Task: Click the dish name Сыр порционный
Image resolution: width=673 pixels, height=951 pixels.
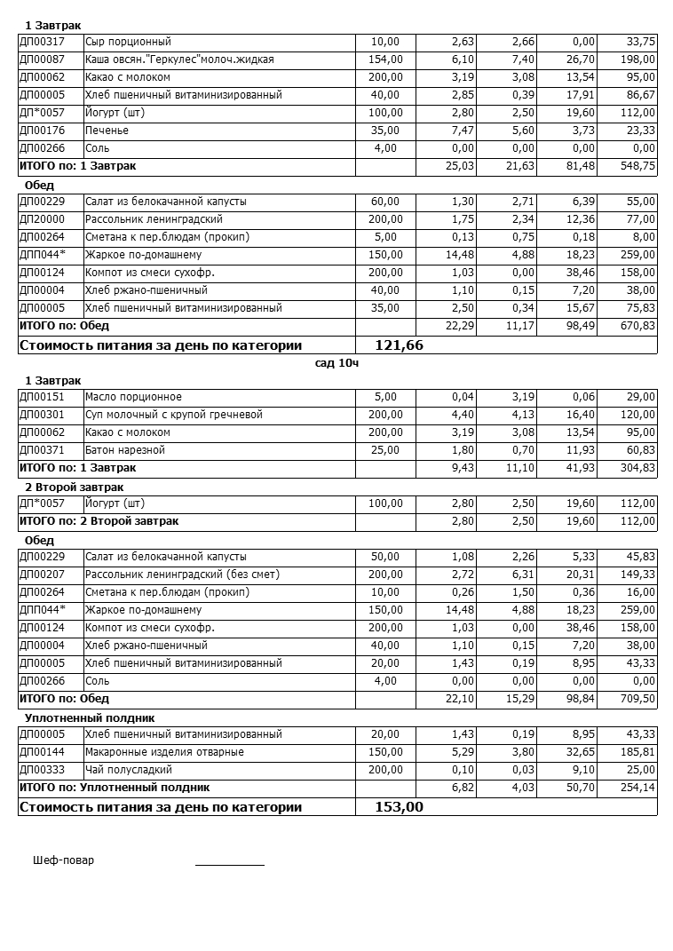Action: tap(128, 42)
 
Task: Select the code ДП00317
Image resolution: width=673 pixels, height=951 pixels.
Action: tap(42, 42)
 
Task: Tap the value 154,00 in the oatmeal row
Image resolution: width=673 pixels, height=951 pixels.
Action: tap(385, 59)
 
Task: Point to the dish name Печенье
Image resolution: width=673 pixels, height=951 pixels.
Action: tap(107, 131)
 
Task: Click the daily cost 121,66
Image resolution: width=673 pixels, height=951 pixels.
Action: tap(400, 345)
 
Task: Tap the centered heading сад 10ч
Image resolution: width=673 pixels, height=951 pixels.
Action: tap(336, 362)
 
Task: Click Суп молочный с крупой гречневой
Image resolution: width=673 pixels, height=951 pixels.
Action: tap(174, 415)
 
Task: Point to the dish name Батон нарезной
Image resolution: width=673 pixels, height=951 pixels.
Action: tap(125, 450)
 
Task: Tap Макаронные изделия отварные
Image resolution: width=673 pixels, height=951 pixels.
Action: tap(152, 752)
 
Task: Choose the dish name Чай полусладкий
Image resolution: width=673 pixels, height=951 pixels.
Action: tap(129, 770)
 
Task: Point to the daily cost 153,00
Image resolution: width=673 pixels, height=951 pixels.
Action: tap(400, 807)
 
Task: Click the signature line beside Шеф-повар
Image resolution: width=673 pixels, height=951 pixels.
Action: tap(229, 863)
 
